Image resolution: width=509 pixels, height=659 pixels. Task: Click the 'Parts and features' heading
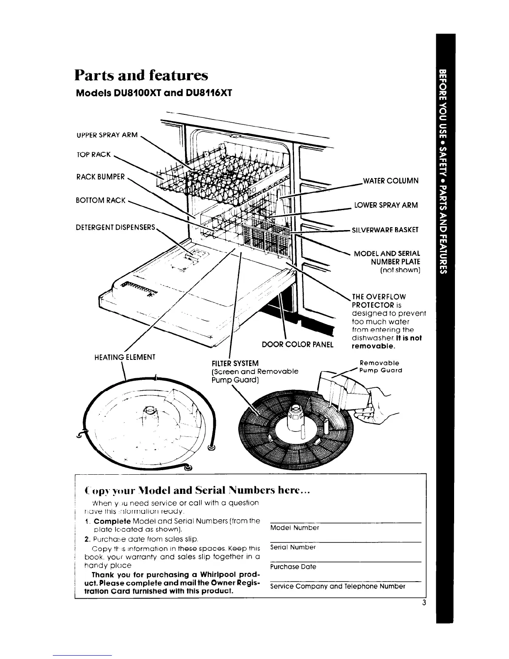pyautogui.click(x=141, y=75)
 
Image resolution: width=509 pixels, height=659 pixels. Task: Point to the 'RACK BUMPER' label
pyautogui.click(x=100, y=176)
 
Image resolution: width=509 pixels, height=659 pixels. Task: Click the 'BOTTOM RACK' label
pyautogui.click(x=101, y=200)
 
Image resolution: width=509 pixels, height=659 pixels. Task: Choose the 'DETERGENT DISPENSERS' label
pyautogui.click(x=116, y=228)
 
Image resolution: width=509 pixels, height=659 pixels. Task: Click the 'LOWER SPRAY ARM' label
pyautogui.click(x=386, y=205)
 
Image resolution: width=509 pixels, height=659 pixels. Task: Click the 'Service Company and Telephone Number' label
pyautogui.click(x=337, y=586)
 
